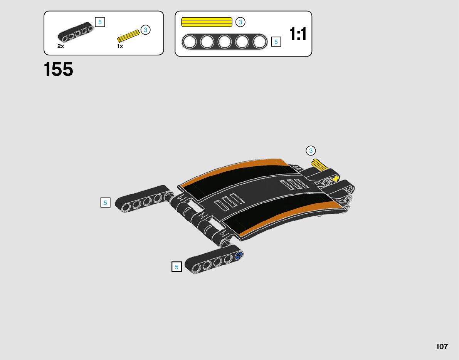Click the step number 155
[x=59, y=70]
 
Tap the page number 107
[x=442, y=347]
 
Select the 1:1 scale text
[x=298, y=34]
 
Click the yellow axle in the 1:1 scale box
[x=207, y=22]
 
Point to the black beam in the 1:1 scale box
[x=225, y=42]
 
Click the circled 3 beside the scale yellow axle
[x=240, y=22]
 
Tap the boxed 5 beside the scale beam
[x=276, y=42]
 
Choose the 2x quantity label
[x=61, y=46]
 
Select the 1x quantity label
[x=120, y=46]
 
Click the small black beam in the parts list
[x=76, y=33]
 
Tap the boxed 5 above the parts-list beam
[x=100, y=22]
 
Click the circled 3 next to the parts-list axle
[x=145, y=30]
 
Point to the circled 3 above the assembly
[x=311, y=151]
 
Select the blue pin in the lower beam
[x=239, y=255]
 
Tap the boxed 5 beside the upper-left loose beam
[x=105, y=203]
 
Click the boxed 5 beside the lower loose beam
[x=177, y=267]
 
